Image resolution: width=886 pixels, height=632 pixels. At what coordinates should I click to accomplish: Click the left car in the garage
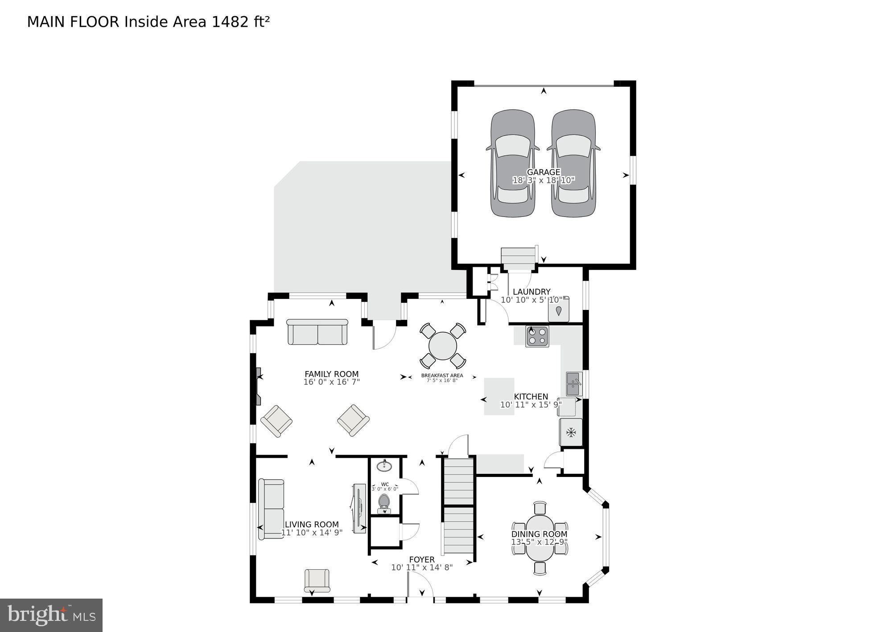point(512,163)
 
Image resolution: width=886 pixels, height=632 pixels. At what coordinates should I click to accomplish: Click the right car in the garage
point(573,163)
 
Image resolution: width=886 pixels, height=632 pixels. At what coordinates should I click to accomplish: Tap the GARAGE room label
point(543,172)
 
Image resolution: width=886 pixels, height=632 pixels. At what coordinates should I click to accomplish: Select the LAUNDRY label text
point(531,292)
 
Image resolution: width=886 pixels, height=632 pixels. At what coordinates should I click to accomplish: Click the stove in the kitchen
point(537,336)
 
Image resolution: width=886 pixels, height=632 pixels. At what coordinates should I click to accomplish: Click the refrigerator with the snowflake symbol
point(571,432)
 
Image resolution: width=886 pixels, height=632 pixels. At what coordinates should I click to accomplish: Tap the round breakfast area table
point(443,346)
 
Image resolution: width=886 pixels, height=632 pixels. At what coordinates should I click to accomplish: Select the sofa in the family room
point(317,332)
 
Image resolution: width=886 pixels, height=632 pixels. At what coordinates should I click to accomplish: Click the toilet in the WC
point(384,503)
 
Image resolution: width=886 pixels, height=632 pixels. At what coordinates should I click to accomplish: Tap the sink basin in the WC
point(384,466)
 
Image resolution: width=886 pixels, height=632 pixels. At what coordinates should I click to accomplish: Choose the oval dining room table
point(540,538)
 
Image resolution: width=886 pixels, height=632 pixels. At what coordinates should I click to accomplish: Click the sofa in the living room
point(271,509)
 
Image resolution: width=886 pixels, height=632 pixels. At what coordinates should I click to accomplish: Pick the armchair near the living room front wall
point(317,580)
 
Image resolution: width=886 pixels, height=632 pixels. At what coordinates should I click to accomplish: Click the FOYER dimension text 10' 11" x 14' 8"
point(422,567)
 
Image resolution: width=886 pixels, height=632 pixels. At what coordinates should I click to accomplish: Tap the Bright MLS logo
point(51,615)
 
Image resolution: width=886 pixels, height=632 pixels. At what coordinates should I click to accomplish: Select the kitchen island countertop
point(499,396)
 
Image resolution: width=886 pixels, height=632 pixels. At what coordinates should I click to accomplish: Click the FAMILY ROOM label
point(331,374)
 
